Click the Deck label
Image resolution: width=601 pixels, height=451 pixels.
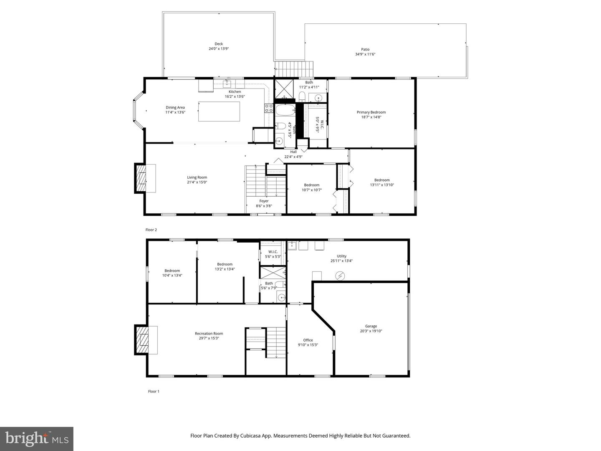[x=219, y=44]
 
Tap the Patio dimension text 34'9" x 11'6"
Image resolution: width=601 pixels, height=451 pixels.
[x=365, y=54]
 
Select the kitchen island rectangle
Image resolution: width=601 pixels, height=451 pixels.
[x=219, y=111]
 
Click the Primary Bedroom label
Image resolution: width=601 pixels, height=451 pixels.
[x=371, y=112]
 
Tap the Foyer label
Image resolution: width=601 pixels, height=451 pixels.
[x=264, y=201]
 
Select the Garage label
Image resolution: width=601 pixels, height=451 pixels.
[x=371, y=326]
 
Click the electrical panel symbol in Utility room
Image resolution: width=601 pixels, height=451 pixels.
[x=341, y=276]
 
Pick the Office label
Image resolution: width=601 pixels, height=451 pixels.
[x=308, y=340]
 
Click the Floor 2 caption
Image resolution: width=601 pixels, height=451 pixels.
[x=151, y=230]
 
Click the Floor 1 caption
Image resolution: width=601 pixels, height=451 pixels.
[x=154, y=391]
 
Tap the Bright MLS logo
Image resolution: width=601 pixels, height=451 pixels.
[x=37, y=438]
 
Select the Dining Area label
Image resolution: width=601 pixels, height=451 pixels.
[x=175, y=107]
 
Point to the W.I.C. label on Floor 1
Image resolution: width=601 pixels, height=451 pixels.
[x=273, y=251]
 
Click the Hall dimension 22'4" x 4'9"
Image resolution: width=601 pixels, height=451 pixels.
[x=293, y=157]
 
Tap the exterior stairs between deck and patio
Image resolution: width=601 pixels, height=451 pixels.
[x=294, y=66]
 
